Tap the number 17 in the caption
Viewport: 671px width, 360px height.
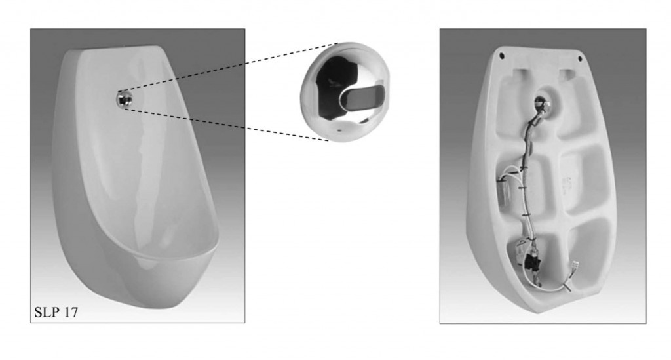[71, 313]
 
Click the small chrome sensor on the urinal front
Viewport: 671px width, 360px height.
[124, 99]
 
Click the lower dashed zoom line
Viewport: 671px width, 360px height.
[227, 125]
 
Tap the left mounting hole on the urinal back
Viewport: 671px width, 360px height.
[502, 55]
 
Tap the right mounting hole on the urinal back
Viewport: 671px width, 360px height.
[581, 58]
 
